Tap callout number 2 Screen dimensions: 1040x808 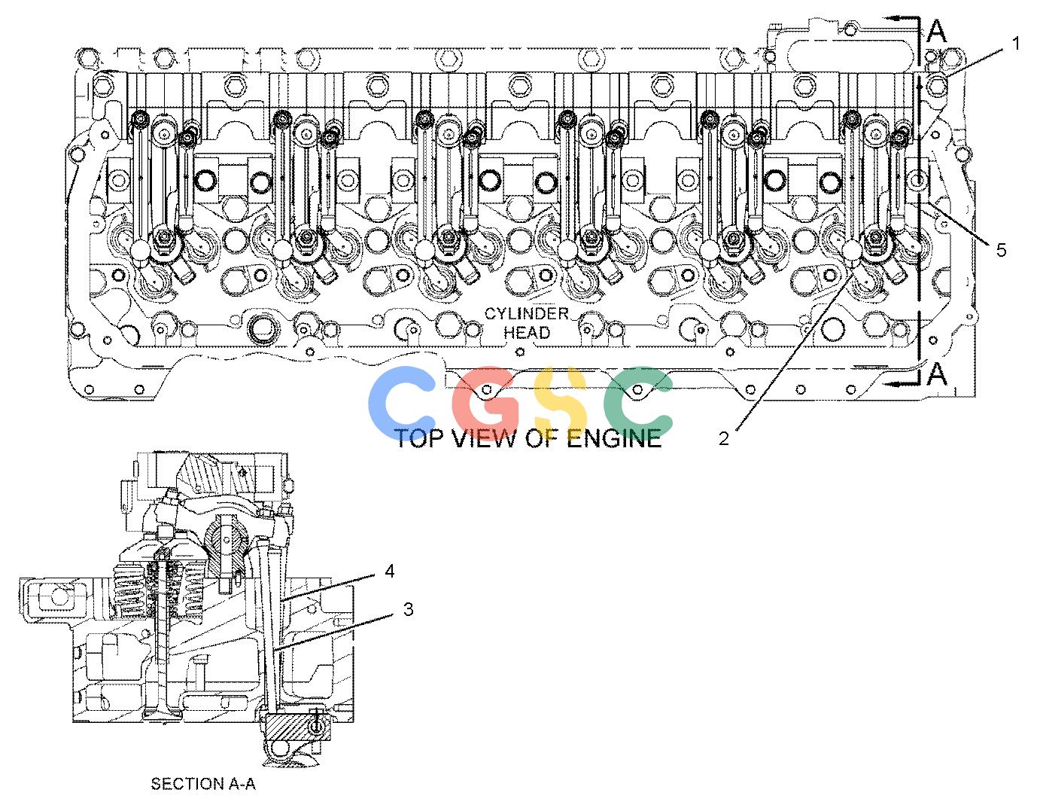(x=724, y=438)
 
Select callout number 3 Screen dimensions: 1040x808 (x=408, y=609)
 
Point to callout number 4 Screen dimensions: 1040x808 (x=390, y=571)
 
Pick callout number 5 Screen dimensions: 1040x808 (x=1001, y=250)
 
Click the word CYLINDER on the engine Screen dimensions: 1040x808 (x=527, y=314)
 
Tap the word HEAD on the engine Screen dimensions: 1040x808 (x=527, y=333)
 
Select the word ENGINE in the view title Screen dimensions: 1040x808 (x=615, y=438)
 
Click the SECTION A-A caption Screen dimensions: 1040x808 (x=203, y=784)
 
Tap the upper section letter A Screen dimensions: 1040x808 (x=937, y=31)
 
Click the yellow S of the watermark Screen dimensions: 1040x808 (x=560, y=403)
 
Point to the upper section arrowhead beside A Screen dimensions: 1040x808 (x=893, y=19)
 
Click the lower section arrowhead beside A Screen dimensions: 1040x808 (x=893, y=383)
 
